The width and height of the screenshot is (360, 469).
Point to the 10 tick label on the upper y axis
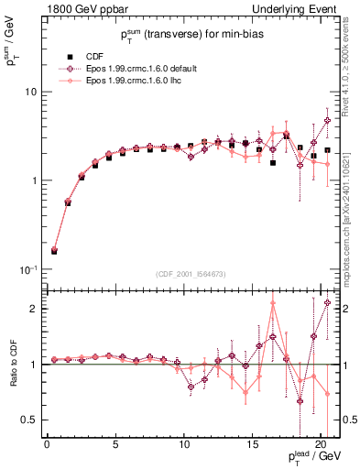(29, 93)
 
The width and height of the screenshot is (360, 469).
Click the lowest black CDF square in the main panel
(54, 250)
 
